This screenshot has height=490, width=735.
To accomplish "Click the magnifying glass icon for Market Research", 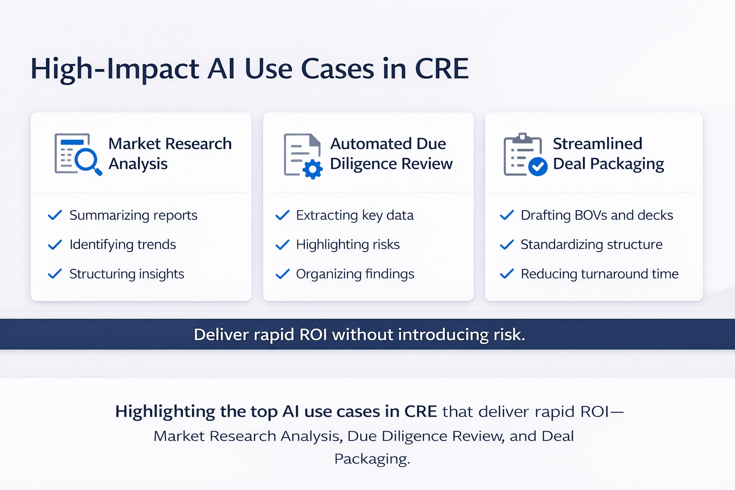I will point(87,160).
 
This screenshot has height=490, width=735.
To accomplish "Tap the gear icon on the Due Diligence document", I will point(313,169).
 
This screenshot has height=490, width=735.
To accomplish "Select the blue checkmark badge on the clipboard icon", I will point(538,167).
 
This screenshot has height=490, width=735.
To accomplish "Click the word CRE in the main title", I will point(441,69).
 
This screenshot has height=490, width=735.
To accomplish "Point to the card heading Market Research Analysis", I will point(169,154).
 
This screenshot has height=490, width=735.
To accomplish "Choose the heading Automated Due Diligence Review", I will point(390,154).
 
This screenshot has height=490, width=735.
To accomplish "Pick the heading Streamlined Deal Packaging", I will point(608,154).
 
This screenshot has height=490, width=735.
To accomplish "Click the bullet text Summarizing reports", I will point(133,215).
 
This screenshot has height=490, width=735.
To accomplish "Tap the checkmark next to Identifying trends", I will point(55,245).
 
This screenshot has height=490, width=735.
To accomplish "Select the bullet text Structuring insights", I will point(126,274).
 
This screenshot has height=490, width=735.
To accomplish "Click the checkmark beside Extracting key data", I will point(282,215).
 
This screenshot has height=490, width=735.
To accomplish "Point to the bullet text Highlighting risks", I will point(347,245).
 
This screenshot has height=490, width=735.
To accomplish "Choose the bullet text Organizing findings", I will point(355,274).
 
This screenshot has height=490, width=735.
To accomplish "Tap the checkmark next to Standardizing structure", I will point(507,245).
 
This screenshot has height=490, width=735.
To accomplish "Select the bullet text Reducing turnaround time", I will point(599,274).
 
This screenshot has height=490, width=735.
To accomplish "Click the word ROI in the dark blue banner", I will point(313,334).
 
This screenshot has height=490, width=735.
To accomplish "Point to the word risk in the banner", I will point(508,334).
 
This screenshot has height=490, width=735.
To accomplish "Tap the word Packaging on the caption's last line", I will point(371,459).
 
